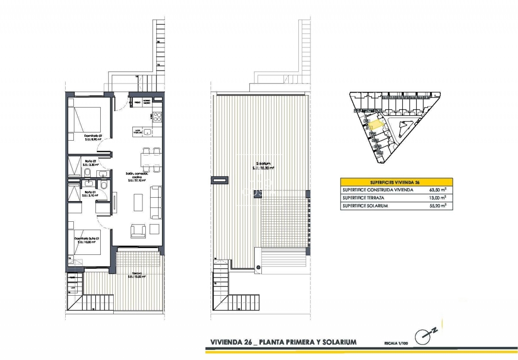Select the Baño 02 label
[x=90, y=162]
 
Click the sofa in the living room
[x=156, y=202]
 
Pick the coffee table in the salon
[x=138, y=202]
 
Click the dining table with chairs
[x=149, y=160]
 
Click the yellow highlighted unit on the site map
[x=377, y=124]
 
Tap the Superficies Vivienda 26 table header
[x=396, y=182]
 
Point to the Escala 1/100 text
[x=397, y=343]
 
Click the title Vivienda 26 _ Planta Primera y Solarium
[x=283, y=342]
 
